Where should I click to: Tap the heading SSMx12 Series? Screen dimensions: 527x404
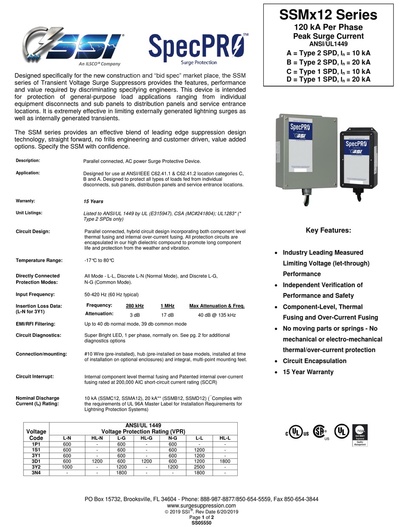point(328,15)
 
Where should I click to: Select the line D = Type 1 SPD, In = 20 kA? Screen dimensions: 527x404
point(328,79)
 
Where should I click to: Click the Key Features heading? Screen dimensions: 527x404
point(328,231)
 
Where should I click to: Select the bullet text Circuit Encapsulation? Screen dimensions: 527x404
point(314,361)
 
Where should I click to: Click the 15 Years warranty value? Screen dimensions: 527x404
point(93,201)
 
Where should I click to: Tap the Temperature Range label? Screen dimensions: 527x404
point(39,260)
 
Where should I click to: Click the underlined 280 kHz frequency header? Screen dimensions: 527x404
point(134,306)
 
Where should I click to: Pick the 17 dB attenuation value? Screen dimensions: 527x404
point(167,315)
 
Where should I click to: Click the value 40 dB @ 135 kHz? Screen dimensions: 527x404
point(217,315)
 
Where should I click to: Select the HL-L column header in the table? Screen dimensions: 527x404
point(225,437)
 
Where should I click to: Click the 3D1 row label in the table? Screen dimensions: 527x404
point(36,461)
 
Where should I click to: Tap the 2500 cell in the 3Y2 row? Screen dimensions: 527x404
point(199,467)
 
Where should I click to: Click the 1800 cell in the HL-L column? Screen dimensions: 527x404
point(225,461)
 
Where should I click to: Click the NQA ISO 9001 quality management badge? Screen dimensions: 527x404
point(360,435)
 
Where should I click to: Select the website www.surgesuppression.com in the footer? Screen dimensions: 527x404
point(202,506)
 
